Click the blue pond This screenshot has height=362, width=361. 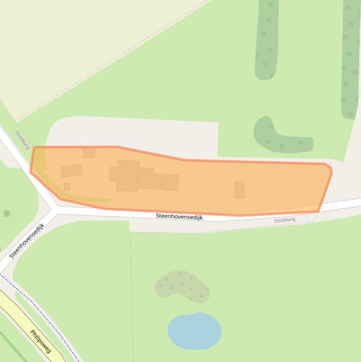(194, 331)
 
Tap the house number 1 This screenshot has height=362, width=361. (127, 184)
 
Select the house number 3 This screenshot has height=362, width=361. (161, 183)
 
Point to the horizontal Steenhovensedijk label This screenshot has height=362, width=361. (179, 217)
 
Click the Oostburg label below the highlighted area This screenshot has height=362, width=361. (284, 220)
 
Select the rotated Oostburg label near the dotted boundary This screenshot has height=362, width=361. (22, 140)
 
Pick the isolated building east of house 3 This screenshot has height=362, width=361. (239, 189)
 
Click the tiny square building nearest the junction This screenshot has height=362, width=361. (67, 187)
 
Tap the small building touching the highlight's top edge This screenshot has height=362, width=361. (89, 153)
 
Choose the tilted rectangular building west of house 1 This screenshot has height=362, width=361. (71, 171)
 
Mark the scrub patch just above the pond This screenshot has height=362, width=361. (183, 286)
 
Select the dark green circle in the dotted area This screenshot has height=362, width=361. (7, 213)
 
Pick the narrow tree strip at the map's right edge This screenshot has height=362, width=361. (350, 61)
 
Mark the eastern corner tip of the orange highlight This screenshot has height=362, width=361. (331, 173)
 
